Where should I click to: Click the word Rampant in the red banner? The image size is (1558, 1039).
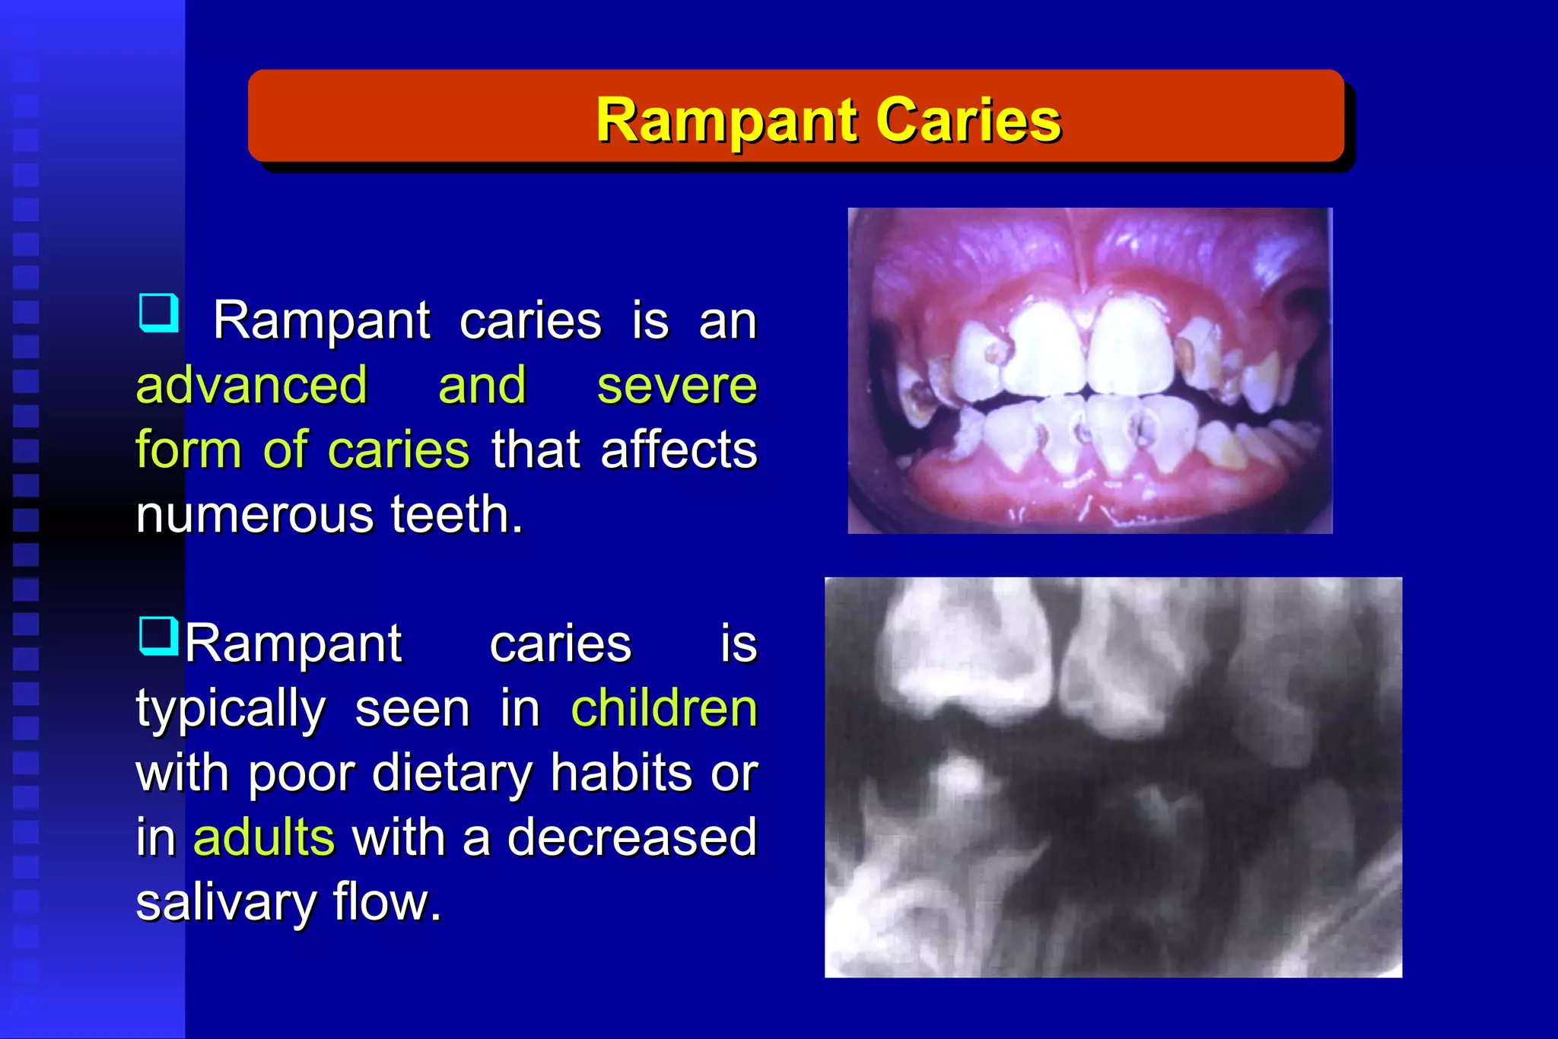[x=729, y=120]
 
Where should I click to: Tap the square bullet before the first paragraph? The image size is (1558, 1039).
[x=159, y=313]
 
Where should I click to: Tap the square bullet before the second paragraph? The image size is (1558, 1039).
[x=159, y=636]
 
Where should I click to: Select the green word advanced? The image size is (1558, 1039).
[x=252, y=385]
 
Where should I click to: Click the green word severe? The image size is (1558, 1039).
[x=676, y=385]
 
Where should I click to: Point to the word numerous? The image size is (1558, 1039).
[x=255, y=514]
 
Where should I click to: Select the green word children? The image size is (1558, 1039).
[x=663, y=708]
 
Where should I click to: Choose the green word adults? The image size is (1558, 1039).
[x=263, y=837]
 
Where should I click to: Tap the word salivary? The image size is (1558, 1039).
[x=225, y=902]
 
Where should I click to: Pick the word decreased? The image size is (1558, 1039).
[x=631, y=837]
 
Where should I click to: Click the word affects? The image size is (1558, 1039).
[x=679, y=450]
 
